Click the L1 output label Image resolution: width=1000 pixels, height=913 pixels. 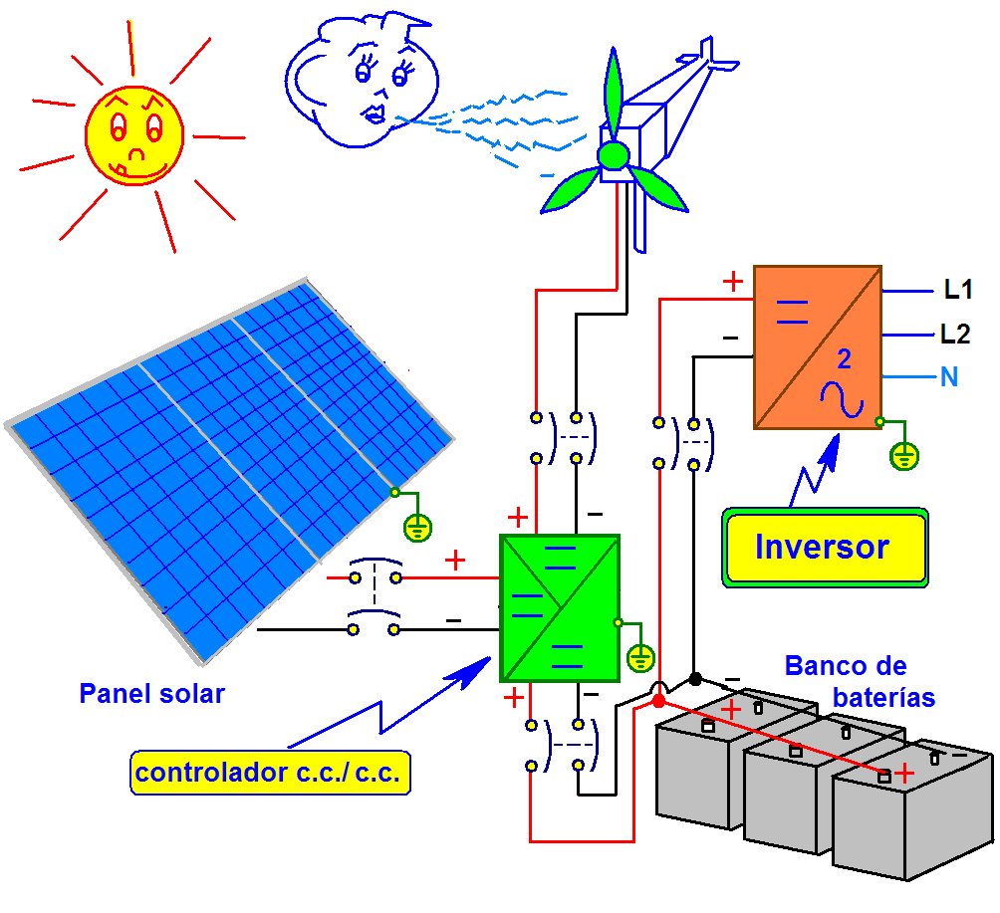(x=957, y=291)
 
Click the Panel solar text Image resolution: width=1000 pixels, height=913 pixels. (x=151, y=694)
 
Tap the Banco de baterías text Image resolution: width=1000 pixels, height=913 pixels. (x=859, y=682)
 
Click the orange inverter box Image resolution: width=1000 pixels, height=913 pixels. (x=817, y=346)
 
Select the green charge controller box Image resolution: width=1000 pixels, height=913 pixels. (x=559, y=607)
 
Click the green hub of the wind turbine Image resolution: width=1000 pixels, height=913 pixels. (x=613, y=155)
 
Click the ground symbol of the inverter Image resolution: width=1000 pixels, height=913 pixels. (x=903, y=456)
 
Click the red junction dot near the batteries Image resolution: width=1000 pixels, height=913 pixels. (x=658, y=702)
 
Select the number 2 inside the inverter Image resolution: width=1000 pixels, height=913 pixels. (x=844, y=359)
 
